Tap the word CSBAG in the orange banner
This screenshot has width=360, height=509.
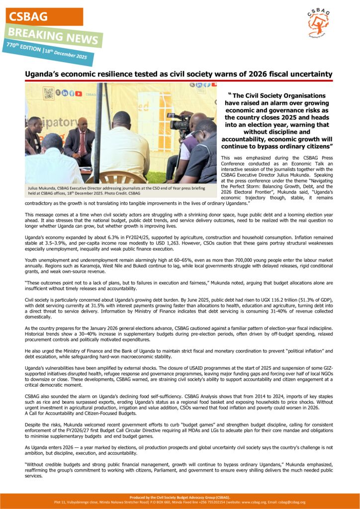pyautogui.click(x=28, y=16)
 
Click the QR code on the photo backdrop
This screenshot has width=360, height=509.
pyautogui.click(x=48, y=93)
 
